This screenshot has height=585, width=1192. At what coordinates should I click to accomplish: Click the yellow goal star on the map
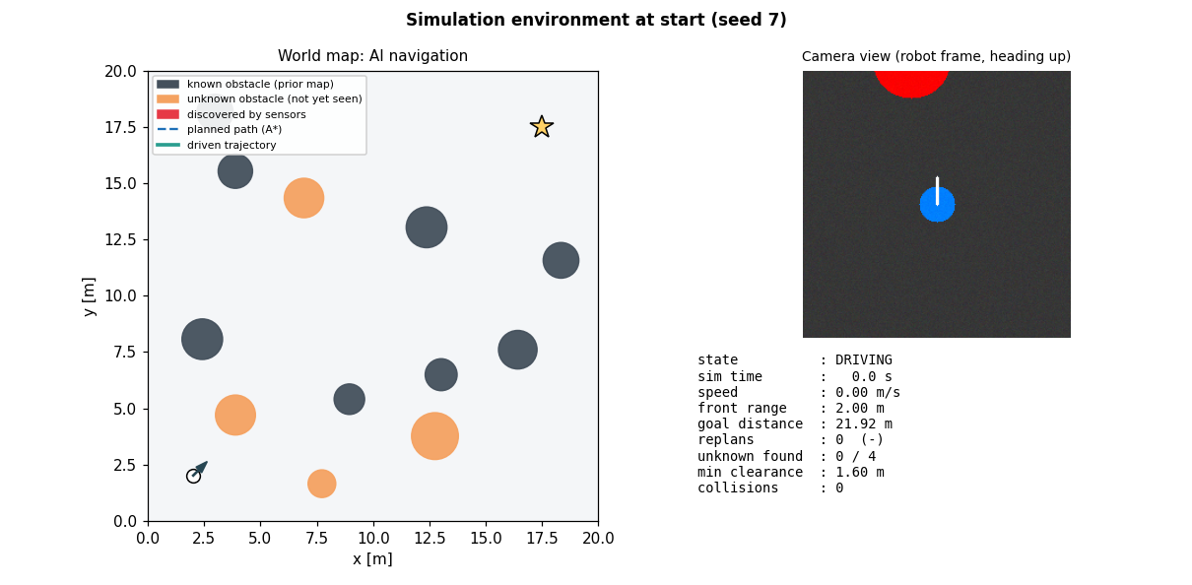[x=542, y=127]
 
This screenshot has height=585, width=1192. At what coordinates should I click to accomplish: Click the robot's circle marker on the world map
[x=194, y=476]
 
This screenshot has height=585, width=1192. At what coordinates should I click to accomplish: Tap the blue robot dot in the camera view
[x=937, y=204]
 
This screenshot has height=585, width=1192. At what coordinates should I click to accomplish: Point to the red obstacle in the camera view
[x=911, y=84]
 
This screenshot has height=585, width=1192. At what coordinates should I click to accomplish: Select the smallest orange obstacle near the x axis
[x=322, y=484]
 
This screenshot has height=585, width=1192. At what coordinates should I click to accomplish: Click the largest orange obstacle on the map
[x=434, y=436]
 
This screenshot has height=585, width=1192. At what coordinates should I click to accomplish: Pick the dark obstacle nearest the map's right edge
[x=561, y=260]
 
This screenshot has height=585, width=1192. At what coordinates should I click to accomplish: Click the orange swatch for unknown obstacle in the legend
[x=167, y=98]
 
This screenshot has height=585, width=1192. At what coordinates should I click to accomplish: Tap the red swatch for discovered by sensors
[x=167, y=114]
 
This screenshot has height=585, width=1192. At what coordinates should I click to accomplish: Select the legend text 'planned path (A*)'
[x=234, y=129]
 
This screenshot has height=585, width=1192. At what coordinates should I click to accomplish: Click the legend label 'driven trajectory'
[x=232, y=145]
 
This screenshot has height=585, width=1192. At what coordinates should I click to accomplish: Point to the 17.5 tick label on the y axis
[x=120, y=128]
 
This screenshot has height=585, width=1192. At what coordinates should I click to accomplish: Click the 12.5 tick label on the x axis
[x=430, y=538]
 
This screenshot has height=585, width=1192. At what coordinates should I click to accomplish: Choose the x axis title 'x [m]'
[x=372, y=559]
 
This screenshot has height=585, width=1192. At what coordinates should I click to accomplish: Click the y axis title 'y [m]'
[x=89, y=296]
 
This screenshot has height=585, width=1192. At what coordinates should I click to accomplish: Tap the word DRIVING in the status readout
[x=864, y=360]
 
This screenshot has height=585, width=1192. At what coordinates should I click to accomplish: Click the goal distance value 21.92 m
[x=864, y=423]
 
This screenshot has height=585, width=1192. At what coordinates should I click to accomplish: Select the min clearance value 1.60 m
[x=860, y=472]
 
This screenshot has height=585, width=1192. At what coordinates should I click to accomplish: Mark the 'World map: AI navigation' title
[x=372, y=56]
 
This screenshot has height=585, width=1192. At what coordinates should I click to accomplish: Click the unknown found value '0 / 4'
[x=856, y=456]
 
